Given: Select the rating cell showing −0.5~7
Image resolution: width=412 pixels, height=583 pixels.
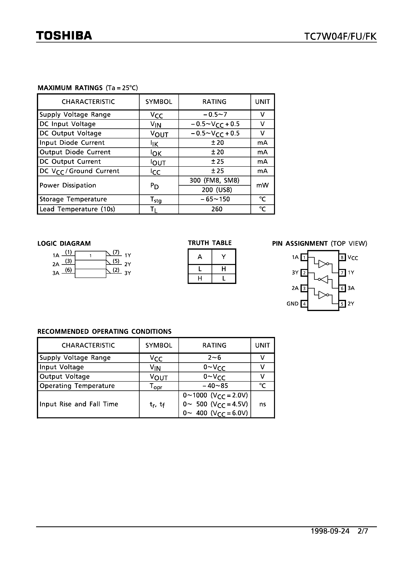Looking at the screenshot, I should (214, 114).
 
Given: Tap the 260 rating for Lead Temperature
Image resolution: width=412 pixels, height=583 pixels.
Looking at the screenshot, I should (216, 209).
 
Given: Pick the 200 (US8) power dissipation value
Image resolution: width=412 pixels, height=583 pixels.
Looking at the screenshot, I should (217, 190).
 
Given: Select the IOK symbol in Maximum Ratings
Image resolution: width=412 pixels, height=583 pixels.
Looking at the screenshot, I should (156, 153).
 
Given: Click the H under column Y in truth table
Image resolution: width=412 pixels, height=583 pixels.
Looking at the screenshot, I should (224, 269).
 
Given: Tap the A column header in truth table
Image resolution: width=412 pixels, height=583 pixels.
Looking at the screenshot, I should (200, 257).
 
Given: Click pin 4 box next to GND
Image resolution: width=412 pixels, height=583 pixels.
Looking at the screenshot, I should (304, 304).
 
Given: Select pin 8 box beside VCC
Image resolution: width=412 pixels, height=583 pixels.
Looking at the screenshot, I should (342, 257).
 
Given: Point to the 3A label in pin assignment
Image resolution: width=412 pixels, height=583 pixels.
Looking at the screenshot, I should (351, 288).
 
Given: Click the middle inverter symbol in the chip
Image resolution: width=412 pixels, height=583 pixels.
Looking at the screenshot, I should (323, 279).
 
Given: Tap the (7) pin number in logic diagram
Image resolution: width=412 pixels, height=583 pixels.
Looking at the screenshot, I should (116, 252).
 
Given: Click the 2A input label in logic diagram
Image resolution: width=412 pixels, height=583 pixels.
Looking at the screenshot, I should (56, 264).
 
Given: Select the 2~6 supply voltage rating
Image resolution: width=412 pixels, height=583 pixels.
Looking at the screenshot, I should (214, 357).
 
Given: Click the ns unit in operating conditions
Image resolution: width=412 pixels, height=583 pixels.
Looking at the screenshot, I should (262, 404).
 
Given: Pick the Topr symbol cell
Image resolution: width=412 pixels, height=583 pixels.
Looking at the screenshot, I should (156, 386).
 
